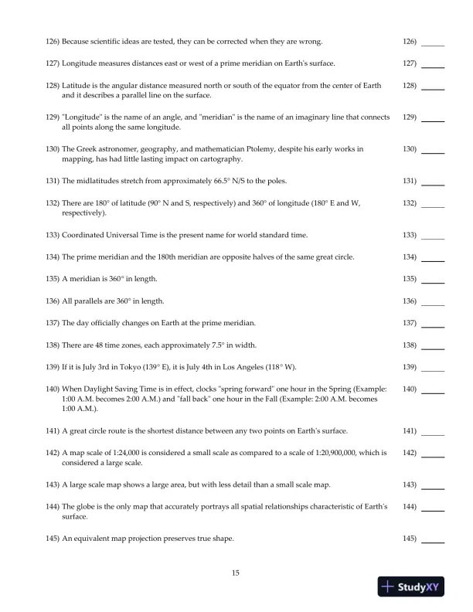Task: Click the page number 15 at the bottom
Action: click(236, 573)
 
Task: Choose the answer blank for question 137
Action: click(433, 325)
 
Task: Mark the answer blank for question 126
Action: click(433, 44)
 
